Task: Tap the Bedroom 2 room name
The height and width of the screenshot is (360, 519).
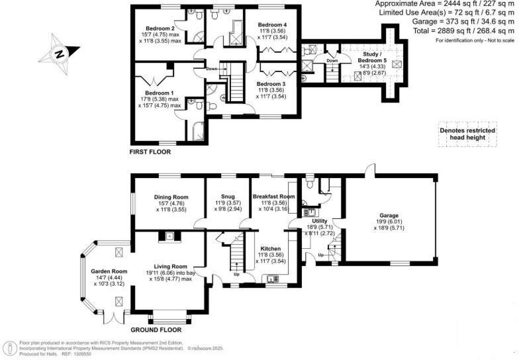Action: (x=160, y=29)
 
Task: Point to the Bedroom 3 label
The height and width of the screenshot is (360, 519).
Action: (x=271, y=84)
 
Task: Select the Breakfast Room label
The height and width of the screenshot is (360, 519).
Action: (x=273, y=197)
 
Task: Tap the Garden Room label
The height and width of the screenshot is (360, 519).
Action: (x=109, y=271)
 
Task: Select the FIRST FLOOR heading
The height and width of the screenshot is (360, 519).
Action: (x=150, y=152)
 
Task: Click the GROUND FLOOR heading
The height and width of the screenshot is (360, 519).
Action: (x=156, y=329)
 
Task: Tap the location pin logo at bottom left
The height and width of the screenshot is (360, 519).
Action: (x=10, y=347)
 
